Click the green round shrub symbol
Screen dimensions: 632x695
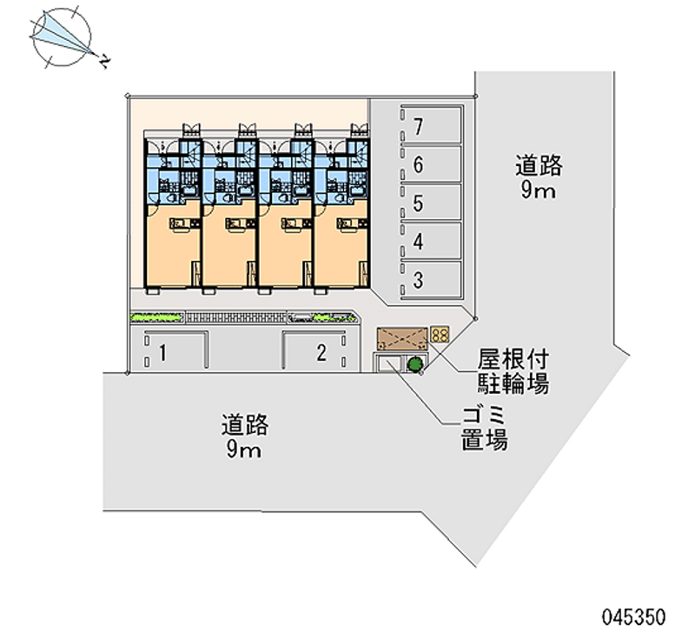click(x=415, y=364)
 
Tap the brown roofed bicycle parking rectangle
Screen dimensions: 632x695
click(x=401, y=336)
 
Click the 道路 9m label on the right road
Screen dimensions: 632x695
click(x=539, y=176)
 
